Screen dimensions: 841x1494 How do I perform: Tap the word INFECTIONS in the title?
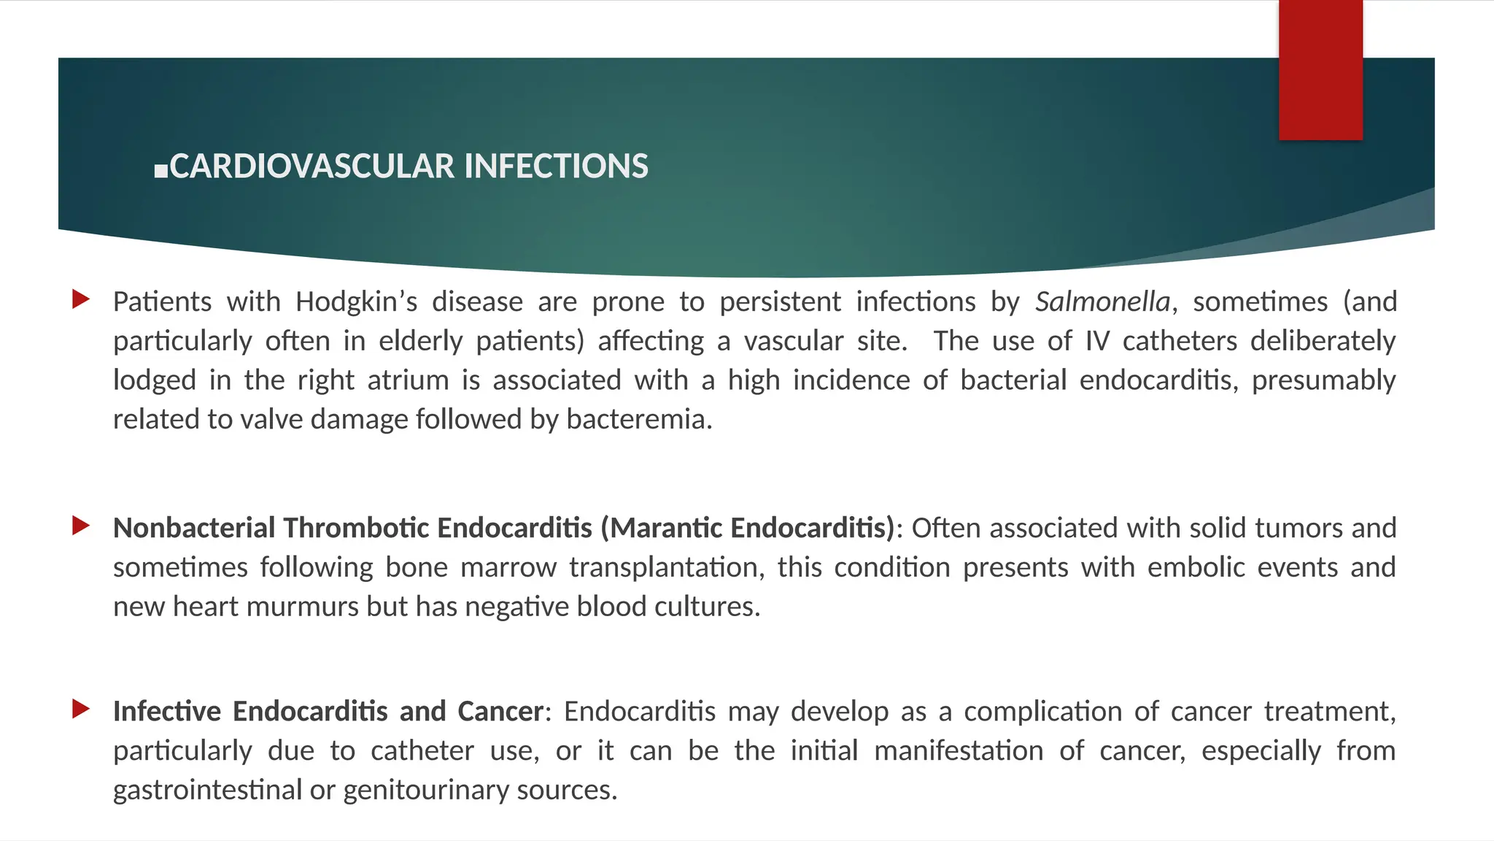pyautogui.click(x=556, y=166)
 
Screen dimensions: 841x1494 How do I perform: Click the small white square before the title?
pyautogui.click(x=161, y=172)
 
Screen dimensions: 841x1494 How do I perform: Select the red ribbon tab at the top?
pyautogui.click(x=1320, y=70)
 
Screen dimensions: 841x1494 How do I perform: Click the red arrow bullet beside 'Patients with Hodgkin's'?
pyautogui.click(x=81, y=299)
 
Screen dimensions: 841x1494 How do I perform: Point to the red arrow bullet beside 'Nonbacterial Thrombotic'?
pyautogui.click(x=81, y=525)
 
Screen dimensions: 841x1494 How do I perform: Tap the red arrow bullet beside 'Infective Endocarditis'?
pyautogui.click(x=81, y=708)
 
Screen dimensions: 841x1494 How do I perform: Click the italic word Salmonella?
pyautogui.click(x=1102, y=302)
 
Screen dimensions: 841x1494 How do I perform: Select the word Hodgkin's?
pyautogui.click(x=356, y=302)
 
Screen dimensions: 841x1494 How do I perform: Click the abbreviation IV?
pyautogui.click(x=1096, y=341)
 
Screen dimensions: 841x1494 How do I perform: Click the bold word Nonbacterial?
pyautogui.click(x=194, y=528)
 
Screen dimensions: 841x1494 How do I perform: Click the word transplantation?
pyautogui.click(x=667, y=567)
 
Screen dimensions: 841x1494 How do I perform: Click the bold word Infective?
pyautogui.click(x=166, y=711)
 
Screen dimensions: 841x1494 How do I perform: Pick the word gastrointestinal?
pyautogui.click(x=207, y=790)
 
